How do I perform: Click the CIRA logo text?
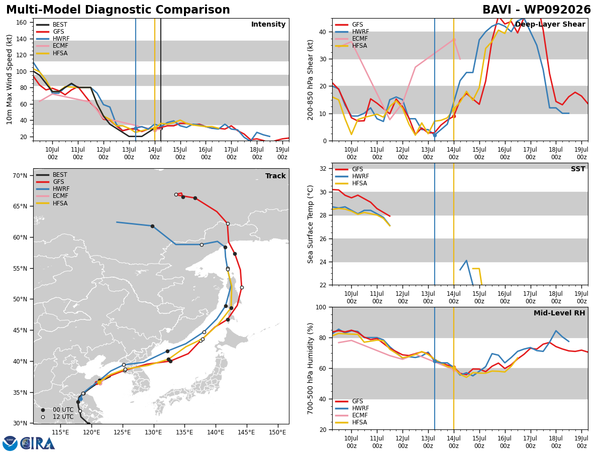tap(37, 443)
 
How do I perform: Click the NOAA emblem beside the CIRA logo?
tap(10, 443)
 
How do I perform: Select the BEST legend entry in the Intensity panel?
tap(52, 25)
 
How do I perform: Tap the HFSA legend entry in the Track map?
tap(52, 203)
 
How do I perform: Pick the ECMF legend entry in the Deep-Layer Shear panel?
tap(351, 39)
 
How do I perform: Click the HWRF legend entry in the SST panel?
tap(352, 176)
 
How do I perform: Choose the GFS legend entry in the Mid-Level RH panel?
tap(349, 401)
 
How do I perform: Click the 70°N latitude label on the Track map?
tap(20, 175)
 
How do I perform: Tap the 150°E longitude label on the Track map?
tap(277, 432)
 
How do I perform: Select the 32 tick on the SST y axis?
tap(323, 169)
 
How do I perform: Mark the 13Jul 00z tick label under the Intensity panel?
tap(129, 153)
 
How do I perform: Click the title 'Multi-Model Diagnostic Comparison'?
tap(118, 10)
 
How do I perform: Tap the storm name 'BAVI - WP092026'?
tap(537, 10)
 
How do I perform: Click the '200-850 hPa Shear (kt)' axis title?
tap(310, 80)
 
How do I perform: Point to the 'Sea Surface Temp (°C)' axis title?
tap(310, 224)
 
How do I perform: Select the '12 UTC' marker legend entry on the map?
tap(57, 417)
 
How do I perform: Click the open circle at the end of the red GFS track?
tap(176, 194)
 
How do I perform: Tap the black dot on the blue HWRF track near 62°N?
tap(152, 226)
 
